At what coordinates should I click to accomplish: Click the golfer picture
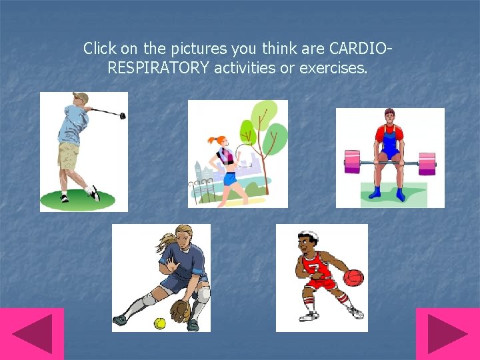pyautogui.click(x=83, y=152)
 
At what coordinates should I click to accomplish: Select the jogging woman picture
pyautogui.click(x=237, y=153)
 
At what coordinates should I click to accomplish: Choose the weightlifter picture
pyautogui.click(x=389, y=157)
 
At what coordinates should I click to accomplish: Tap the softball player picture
pyautogui.click(x=161, y=277)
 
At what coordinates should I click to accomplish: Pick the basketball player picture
pyautogui.click(x=321, y=277)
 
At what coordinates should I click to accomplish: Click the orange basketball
pyautogui.click(x=353, y=277)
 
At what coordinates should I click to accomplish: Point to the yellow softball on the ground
pyautogui.click(x=159, y=323)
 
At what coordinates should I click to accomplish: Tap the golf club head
pyautogui.click(x=122, y=115)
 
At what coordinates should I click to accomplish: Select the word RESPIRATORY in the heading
pyautogui.click(x=159, y=67)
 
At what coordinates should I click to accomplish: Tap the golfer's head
pyautogui.click(x=80, y=100)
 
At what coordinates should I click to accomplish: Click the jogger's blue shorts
pyautogui.click(x=230, y=178)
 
